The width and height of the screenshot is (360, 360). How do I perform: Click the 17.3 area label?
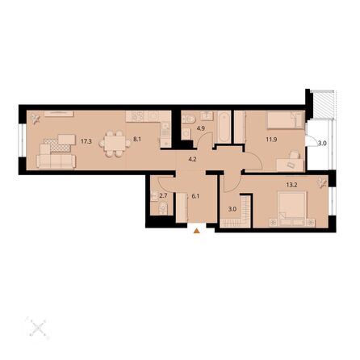pyautogui.click(x=86, y=140)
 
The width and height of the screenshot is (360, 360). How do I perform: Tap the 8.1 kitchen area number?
pyautogui.click(x=137, y=140)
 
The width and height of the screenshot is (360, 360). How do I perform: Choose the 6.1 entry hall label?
pyautogui.click(x=195, y=195)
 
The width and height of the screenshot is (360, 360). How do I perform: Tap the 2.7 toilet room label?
pyautogui.click(x=162, y=195)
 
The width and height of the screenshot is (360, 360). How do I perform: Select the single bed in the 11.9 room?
pyautogui.click(x=283, y=120)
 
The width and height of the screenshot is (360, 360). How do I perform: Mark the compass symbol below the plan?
pyautogui.click(x=36, y=328)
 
